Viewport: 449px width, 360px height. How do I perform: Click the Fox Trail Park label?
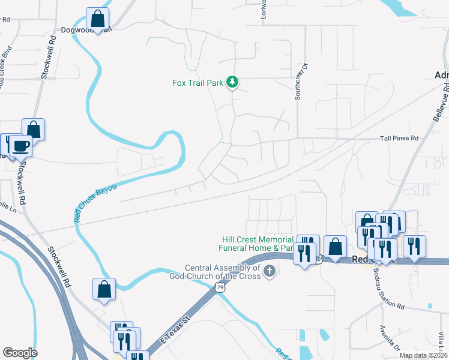[x=197, y=82]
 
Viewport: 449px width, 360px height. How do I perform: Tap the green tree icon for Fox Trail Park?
[x=233, y=82]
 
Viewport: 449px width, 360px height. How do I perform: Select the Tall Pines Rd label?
[x=399, y=138]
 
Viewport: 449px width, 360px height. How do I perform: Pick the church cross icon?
[x=270, y=272]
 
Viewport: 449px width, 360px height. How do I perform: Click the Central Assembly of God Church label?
[x=223, y=272]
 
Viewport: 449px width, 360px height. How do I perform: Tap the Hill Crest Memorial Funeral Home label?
[x=257, y=244]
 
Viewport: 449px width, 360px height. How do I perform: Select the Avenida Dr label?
[x=389, y=338]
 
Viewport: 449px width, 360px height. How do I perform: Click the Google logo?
[x=20, y=353]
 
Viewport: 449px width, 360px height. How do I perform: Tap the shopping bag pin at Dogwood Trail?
[x=97, y=18]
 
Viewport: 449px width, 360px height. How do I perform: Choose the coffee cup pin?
[x=21, y=145]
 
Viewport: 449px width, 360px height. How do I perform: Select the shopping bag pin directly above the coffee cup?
[x=34, y=129]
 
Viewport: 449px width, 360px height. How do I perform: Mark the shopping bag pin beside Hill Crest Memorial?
[x=335, y=246]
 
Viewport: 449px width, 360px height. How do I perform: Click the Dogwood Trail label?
[x=86, y=29]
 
